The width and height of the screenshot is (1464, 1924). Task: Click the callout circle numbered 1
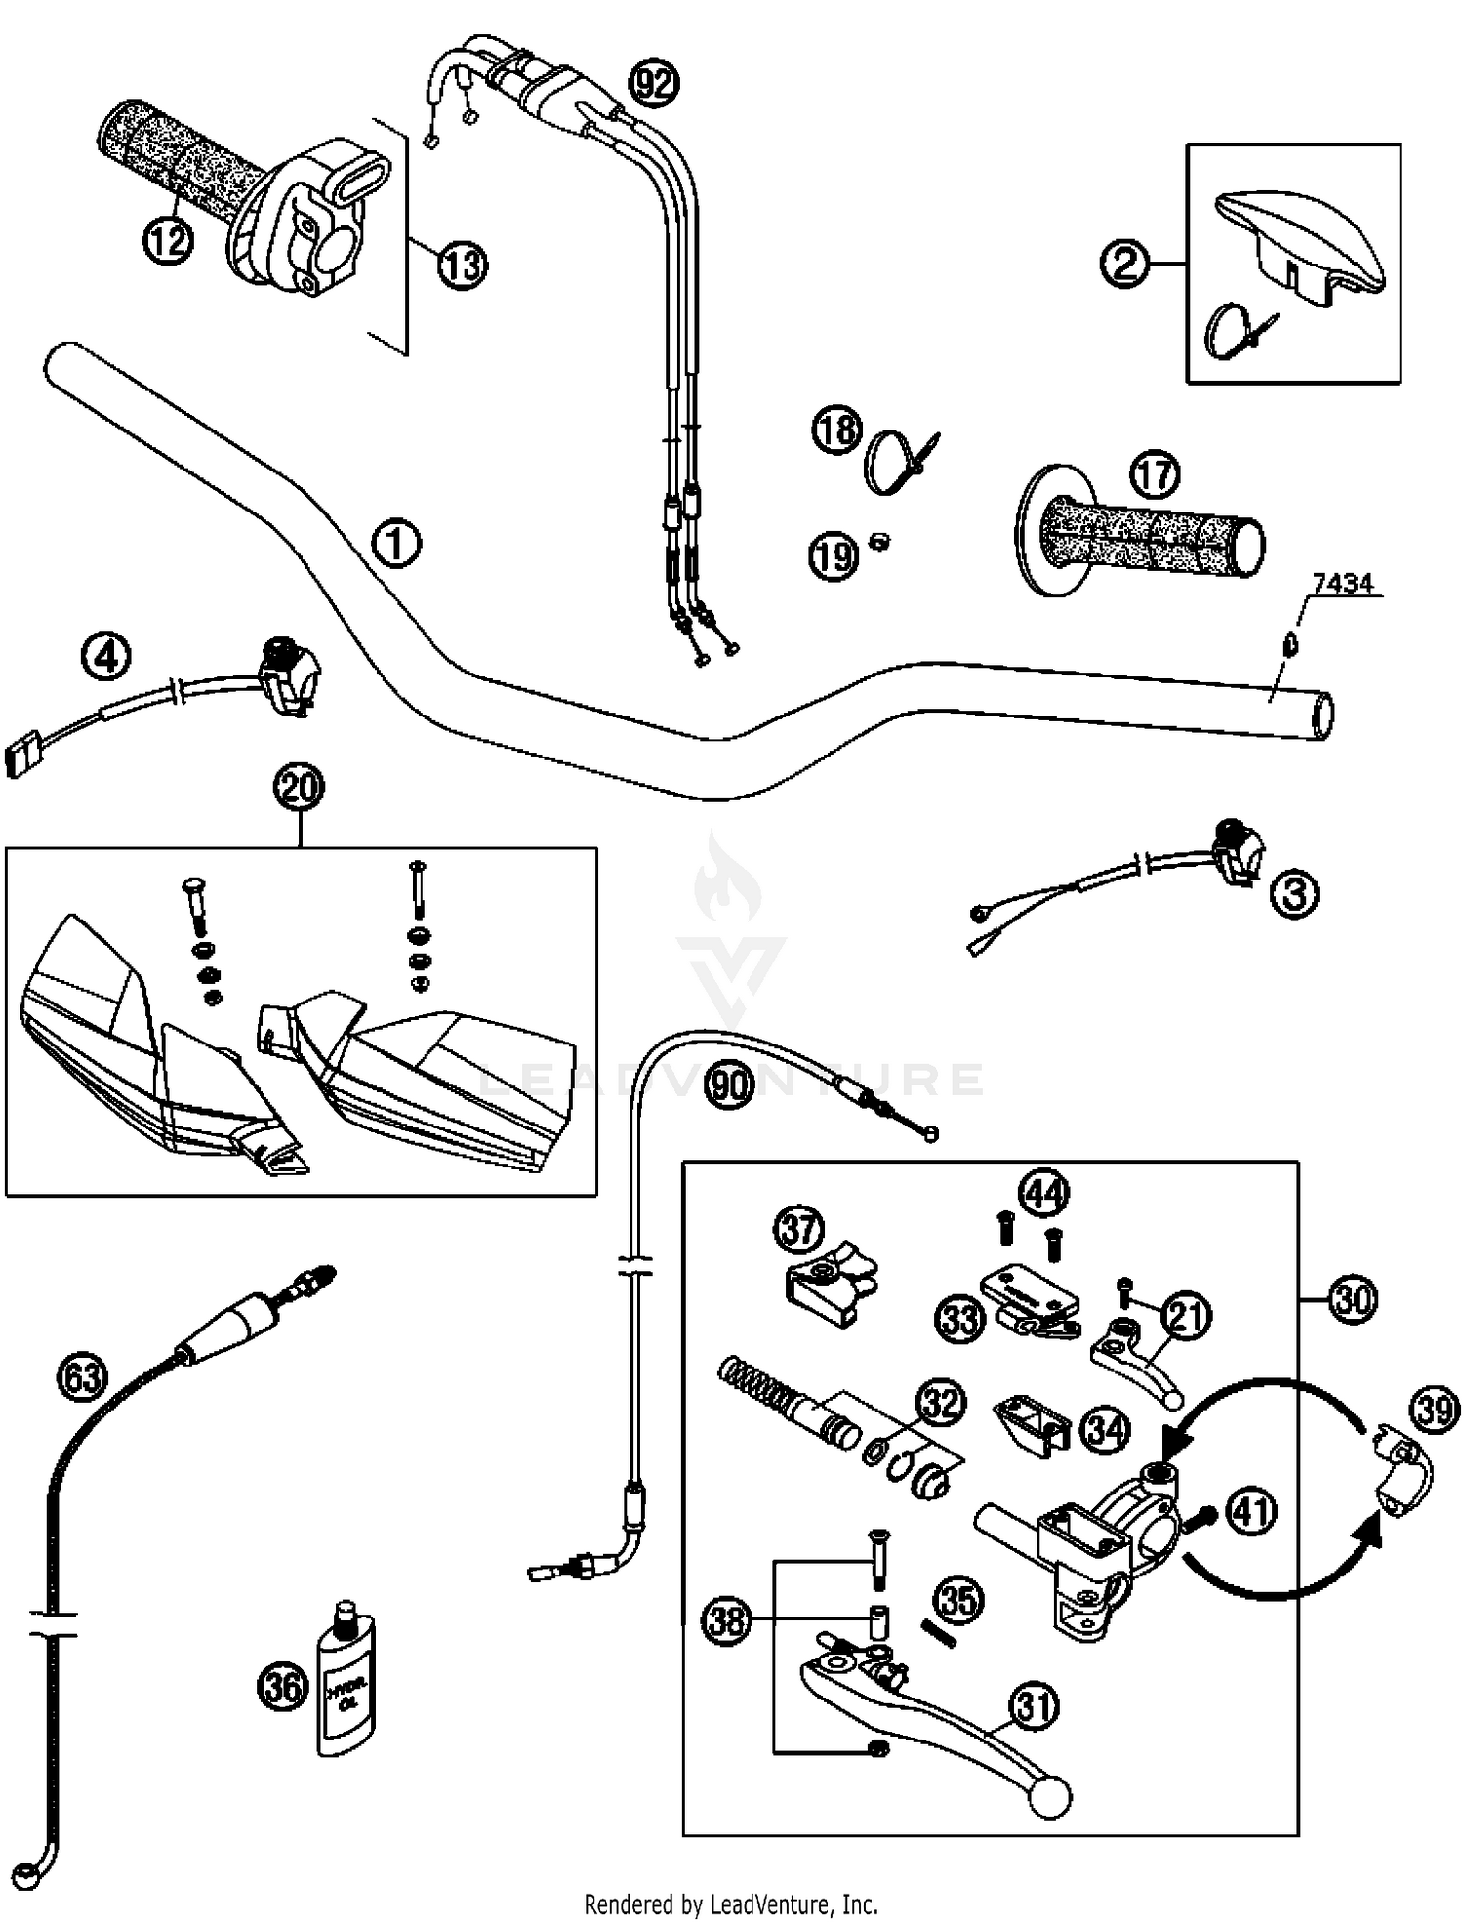(x=397, y=544)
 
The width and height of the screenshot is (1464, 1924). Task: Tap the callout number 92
(x=652, y=84)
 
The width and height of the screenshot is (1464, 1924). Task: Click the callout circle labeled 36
(x=282, y=1687)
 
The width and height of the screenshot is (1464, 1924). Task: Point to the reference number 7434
(x=1343, y=584)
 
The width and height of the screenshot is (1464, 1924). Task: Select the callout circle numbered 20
(x=300, y=787)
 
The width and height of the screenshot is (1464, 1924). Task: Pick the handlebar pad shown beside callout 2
(x=1299, y=239)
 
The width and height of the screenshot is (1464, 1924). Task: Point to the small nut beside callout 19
(x=877, y=540)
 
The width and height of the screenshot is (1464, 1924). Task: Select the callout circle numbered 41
(x=1250, y=1510)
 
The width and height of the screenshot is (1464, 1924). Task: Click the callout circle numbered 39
(x=1435, y=1411)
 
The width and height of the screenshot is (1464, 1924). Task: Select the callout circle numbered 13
(x=463, y=265)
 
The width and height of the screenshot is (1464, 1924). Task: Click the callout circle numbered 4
(x=106, y=656)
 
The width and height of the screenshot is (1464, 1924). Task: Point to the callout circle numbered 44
(x=1043, y=1193)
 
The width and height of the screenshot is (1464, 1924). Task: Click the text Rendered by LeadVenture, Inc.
(x=731, y=1903)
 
